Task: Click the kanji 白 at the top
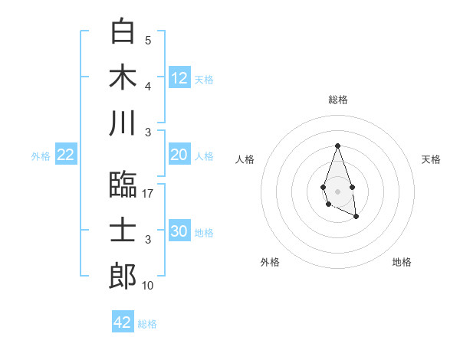pos(123,31)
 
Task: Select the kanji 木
pos(123,77)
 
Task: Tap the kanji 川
pos(123,123)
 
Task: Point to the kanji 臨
pos(123,184)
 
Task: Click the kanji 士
pos(123,231)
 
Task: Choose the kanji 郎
pos(123,277)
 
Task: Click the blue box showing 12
pos(179,77)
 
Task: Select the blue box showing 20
pos(179,155)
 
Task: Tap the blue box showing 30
pos(179,231)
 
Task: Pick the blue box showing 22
pos(66,155)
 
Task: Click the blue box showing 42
pos(123,322)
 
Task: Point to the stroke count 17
pos(149,194)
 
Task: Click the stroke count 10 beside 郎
pos(149,286)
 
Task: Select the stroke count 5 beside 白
pos(148,40)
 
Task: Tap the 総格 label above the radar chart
pos(337,100)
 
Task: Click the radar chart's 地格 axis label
pos(402,262)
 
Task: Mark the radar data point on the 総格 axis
pos(337,146)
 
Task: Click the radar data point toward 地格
pos(356,217)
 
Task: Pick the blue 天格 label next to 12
pos(204,79)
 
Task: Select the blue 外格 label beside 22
pos(41,156)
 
